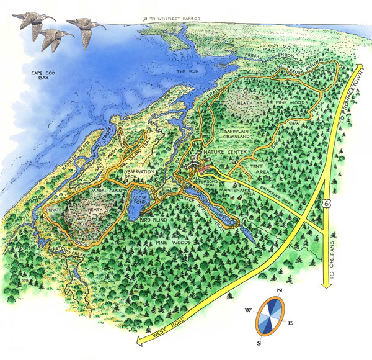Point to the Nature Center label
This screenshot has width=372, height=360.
point(226,153)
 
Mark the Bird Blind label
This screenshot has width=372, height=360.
point(154,220)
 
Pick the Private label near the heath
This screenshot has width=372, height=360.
point(55,212)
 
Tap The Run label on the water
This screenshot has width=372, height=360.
point(186,73)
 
